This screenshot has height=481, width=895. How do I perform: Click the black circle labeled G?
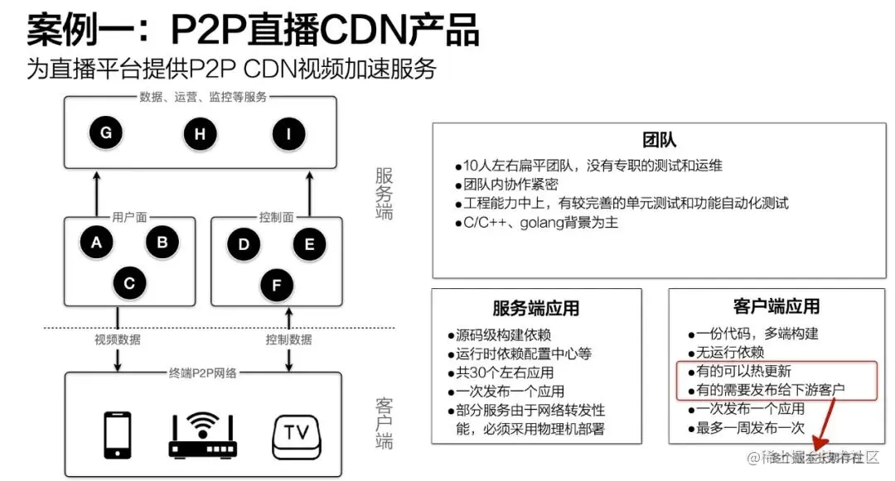pyautogui.click(x=106, y=132)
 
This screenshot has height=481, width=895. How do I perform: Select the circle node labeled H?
pyautogui.click(x=200, y=134)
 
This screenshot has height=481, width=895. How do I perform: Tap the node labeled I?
pyautogui.click(x=288, y=134)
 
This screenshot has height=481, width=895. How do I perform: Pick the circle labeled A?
pyautogui.click(x=97, y=243)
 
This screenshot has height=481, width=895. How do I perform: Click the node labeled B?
pyautogui.click(x=162, y=242)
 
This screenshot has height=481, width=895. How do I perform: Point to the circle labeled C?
pyautogui.click(x=129, y=283)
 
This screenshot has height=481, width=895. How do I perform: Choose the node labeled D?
pyautogui.click(x=244, y=244)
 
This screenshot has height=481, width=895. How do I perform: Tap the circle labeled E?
pyautogui.click(x=309, y=244)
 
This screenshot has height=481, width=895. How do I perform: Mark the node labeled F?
pyautogui.click(x=277, y=286)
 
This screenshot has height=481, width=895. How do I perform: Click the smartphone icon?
pyautogui.click(x=117, y=434)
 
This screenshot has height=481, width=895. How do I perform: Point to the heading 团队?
pyautogui.click(x=659, y=140)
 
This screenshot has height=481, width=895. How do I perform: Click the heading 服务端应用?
pyautogui.click(x=535, y=309)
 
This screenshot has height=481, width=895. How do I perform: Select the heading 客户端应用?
pyautogui.click(x=776, y=306)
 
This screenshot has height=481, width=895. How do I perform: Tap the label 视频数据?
pyautogui.click(x=117, y=339)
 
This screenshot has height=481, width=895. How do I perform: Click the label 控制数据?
pyautogui.click(x=288, y=339)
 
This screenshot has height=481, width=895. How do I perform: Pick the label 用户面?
pyautogui.click(x=129, y=217)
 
